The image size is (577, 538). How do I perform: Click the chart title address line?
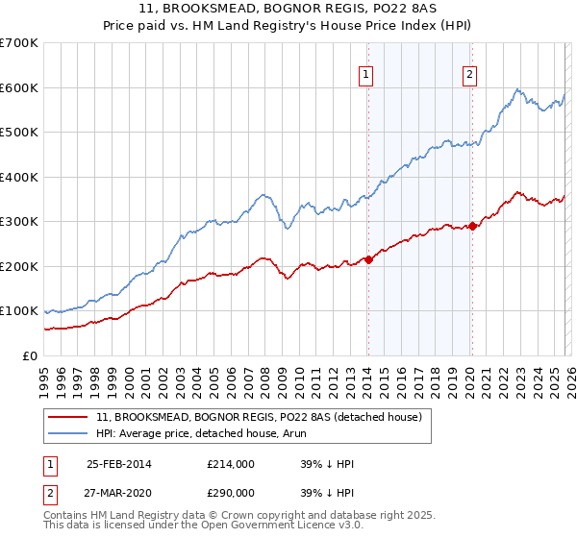pos(288,9)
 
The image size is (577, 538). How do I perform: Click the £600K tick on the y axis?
pos(20,87)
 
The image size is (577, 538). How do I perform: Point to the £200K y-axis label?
pos(20,266)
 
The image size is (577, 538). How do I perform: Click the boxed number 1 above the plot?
pos(367,76)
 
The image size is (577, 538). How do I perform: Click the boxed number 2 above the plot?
pos(470,76)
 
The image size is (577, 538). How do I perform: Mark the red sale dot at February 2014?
pos(368,259)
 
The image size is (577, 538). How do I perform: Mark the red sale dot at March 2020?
pos(472,227)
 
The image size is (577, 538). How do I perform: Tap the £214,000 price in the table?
pos(230,464)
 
